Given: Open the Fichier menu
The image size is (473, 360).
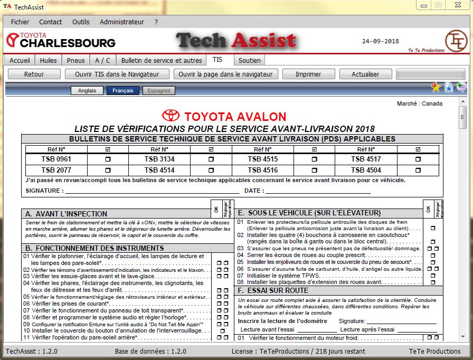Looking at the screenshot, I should click(20, 22).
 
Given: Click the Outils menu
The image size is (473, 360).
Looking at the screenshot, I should click(81, 22).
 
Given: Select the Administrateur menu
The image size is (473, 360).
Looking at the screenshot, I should click(121, 22).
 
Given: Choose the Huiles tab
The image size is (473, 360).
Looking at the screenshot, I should click(48, 60).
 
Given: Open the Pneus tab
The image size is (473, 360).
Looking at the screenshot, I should click(75, 60).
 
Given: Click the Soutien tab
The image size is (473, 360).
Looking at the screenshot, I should click(249, 60).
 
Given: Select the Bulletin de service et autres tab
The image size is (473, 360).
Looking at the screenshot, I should click(162, 60).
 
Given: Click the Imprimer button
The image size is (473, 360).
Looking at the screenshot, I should click(308, 74).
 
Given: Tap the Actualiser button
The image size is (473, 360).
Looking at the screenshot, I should click(365, 74).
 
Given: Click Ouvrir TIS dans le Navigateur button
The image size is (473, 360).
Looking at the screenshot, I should click(117, 74).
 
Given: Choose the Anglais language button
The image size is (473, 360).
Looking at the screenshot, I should click(87, 91).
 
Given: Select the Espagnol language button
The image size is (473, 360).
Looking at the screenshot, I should click(159, 91).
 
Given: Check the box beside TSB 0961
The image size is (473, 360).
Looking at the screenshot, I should click(109, 159).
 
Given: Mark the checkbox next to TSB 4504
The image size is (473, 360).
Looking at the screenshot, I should click(418, 170).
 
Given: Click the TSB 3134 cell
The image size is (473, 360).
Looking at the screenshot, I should click(159, 159).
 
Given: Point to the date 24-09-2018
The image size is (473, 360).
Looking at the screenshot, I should click(380, 41).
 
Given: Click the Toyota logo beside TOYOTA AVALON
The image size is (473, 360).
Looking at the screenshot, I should click(171, 116).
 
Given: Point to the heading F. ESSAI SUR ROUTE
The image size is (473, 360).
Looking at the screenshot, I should click(273, 290).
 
